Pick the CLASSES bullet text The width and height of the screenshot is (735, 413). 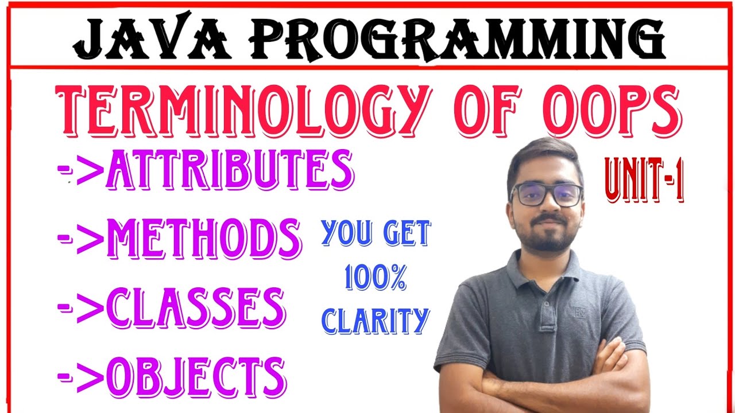[195, 307]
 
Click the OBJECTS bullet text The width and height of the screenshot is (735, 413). [196, 376]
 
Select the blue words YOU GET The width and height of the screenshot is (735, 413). [376, 234]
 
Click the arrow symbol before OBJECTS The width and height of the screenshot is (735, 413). [80, 376]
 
